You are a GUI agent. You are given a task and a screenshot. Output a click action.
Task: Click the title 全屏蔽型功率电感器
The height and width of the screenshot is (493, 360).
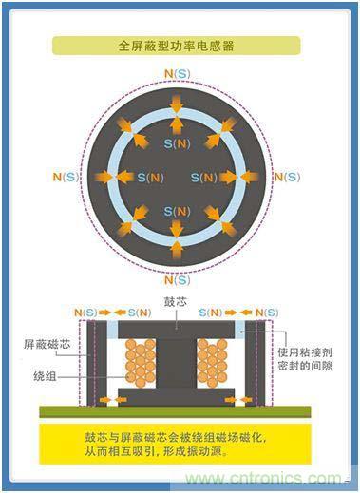pos(176,45)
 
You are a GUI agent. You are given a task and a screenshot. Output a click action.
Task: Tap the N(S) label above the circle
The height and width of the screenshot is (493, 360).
pos(176,73)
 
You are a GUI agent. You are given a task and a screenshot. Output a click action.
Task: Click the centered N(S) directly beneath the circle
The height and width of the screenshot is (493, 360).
pos(176,280)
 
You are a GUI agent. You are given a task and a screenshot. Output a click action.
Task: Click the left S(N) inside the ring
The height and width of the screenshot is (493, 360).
pos(149,178)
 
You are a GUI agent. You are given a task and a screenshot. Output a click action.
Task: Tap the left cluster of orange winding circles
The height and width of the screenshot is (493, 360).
pos(137,363)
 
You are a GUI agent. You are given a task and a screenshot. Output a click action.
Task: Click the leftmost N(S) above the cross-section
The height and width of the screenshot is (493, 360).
pos(81,311)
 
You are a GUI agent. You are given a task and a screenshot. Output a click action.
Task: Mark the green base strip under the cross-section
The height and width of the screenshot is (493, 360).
pos(177,411)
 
